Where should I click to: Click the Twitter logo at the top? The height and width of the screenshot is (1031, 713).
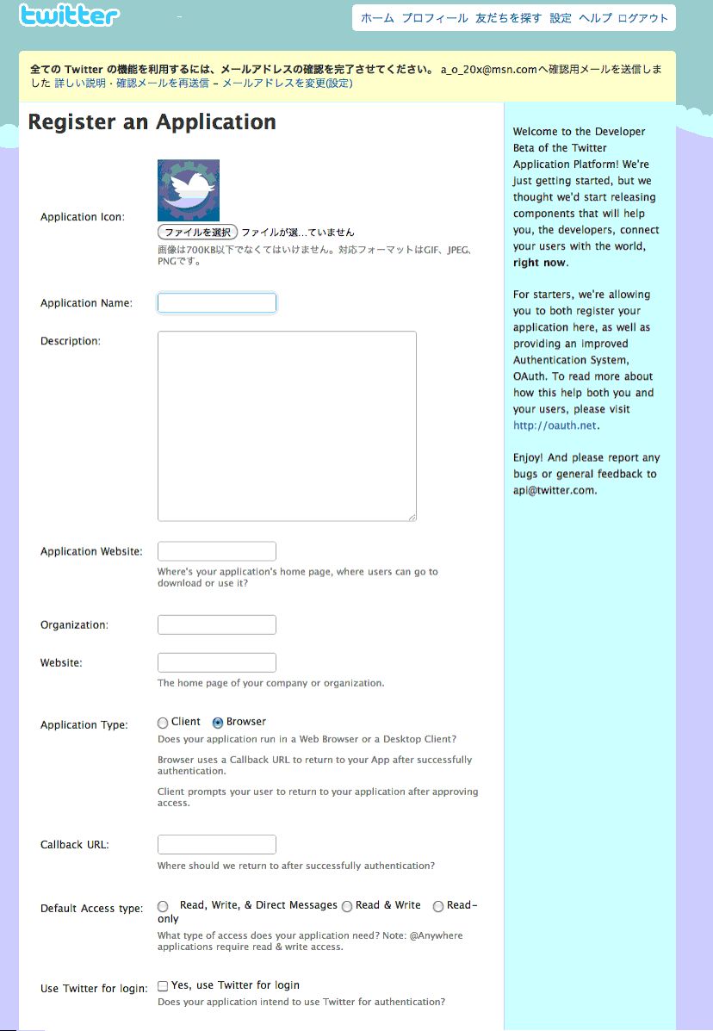point(69,16)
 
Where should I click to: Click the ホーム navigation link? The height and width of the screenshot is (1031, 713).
point(377,18)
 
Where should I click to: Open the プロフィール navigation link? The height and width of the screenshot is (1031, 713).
point(435,18)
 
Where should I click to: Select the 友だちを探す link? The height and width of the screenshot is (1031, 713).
point(509,18)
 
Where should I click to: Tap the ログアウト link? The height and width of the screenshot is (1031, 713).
point(643,18)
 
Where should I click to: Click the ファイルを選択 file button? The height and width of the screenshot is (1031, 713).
point(197,232)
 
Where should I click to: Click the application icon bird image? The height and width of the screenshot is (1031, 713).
point(189,190)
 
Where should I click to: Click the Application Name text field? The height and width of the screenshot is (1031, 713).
point(217,303)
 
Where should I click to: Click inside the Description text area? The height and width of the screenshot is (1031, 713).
point(287,425)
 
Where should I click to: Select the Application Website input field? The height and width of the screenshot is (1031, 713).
point(217,551)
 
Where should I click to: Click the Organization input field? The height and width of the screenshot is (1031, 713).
point(217,624)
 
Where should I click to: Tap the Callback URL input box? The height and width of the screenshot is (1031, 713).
point(217,844)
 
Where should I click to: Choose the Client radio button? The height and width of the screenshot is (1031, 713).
point(163,724)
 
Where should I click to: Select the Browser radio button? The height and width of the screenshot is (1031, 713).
point(218,724)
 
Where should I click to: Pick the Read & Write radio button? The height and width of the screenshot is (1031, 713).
point(347,906)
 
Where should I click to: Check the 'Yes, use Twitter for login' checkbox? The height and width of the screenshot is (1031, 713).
point(163,986)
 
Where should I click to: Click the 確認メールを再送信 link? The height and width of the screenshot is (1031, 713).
point(163,84)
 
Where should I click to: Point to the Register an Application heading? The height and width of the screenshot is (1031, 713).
point(152,122)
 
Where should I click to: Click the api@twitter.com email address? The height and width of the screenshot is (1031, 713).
point(553,491)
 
